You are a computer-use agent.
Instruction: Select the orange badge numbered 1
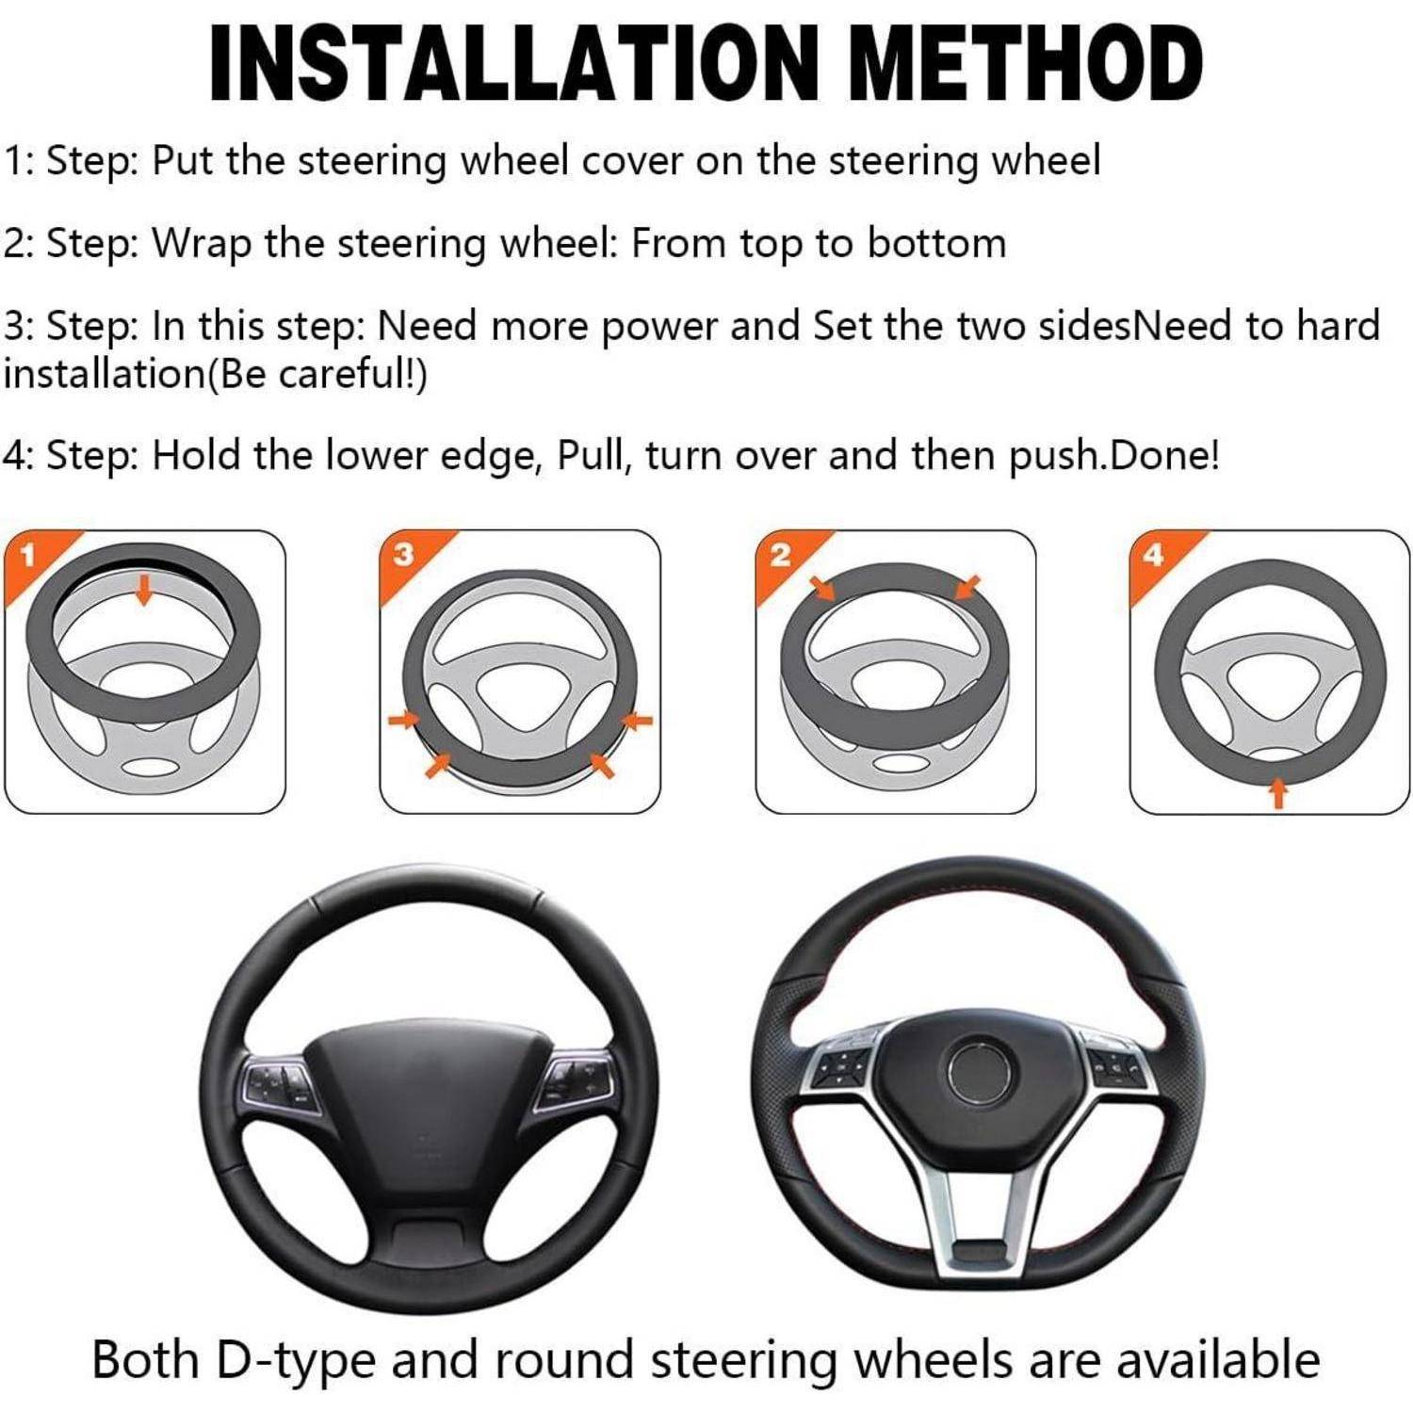coord(28,556)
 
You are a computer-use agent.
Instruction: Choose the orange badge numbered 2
coord(780,556)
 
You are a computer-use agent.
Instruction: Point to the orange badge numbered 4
coord(1154,556)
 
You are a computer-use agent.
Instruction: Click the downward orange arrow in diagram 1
coord(143,591)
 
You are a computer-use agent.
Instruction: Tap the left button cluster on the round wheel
coord(277,1083)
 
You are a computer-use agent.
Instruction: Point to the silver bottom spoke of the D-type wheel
coord(980,1225)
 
